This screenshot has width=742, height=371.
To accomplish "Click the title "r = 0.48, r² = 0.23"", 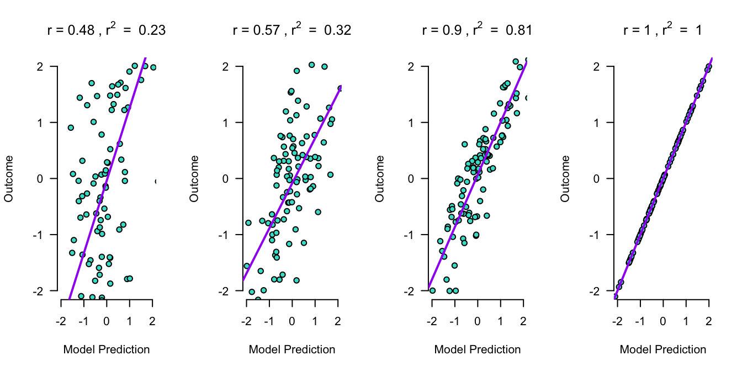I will pyautogui.click(x=106, y=30).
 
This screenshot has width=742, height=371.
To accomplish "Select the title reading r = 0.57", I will pyautogui.click(x=291, y=30).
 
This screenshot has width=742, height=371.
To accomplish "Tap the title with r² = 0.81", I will pyautogui.click(x=477, y=30).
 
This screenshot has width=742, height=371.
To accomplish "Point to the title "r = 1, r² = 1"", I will pyautogui.click(x=662, y=30).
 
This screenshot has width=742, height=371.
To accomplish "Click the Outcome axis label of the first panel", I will pyautogui.click(x=8, y=178).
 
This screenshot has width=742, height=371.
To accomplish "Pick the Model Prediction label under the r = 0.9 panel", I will pyautogui.click(x=477, y=349).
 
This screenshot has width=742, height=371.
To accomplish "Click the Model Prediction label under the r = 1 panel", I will pyautogui.click(x=662, y=349).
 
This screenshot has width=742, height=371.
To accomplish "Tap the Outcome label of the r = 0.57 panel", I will pyautogui.click(x=194, y=178).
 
